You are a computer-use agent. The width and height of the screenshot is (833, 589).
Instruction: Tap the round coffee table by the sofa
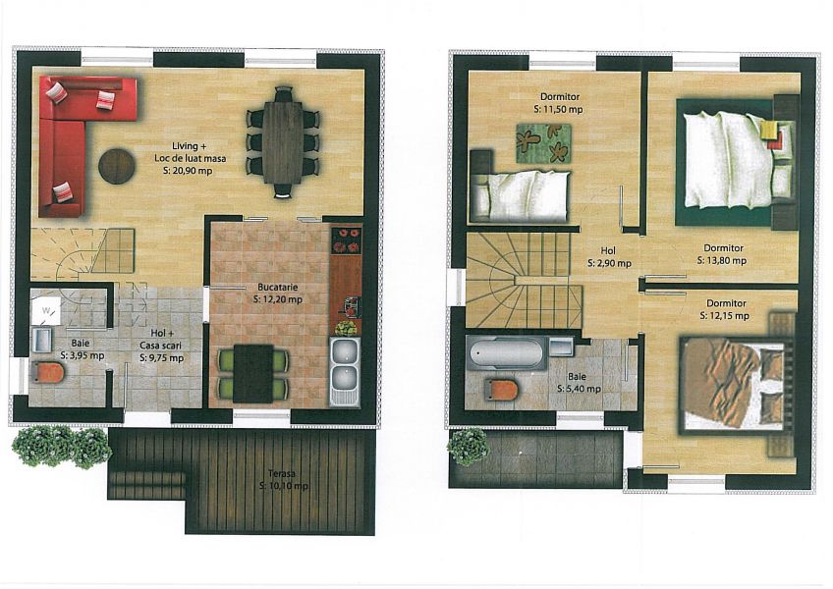[x=117, y=166]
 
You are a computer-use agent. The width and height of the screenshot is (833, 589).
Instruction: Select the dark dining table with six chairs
[x=283, y=142]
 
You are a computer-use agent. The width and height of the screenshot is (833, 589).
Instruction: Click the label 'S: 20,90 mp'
[x=190, y=171]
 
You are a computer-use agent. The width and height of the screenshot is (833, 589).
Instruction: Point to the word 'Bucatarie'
[x=278, y=288]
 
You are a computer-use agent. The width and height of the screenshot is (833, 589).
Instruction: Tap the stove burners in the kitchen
[x=347, y=241]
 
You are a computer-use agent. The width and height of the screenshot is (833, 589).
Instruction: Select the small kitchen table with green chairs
[x=254, y=373]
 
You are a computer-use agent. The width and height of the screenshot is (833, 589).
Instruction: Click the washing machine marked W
[x=47, y=311]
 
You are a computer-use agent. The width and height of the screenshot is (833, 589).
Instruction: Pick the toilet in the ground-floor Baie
[x=48, y=372]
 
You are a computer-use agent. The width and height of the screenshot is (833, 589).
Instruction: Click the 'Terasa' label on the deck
[x=282, y=474]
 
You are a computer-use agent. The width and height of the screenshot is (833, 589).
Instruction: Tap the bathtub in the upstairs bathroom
[x=506, y=352]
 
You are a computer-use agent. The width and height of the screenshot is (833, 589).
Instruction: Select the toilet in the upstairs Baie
[x=501, y=391]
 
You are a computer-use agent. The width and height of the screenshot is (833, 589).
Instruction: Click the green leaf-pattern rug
[x=543, y=143]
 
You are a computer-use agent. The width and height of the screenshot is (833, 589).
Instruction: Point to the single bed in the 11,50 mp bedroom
[x=521, y=195]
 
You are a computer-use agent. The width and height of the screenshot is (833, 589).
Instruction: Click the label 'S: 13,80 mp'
[x=721, y=261]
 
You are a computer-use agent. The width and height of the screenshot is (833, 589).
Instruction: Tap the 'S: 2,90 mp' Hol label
[x=609, y=263]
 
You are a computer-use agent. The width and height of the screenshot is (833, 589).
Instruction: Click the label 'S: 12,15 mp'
[x=725, y=316]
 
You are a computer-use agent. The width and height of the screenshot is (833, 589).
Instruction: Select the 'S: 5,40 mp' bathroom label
[x=579, y=390]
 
